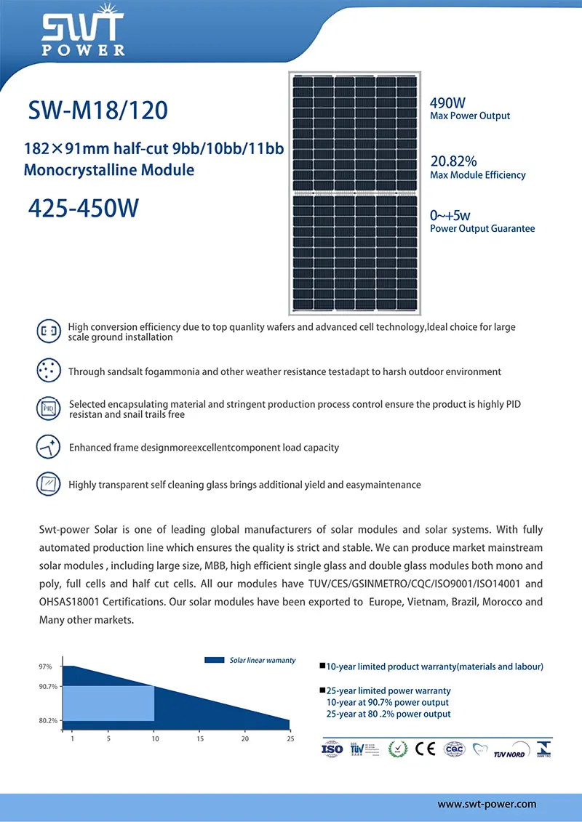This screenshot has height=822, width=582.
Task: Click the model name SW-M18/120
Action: point(97,110)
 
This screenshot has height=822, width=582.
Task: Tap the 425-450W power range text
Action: point(83,208)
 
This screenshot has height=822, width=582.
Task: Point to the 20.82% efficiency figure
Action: point(453,161)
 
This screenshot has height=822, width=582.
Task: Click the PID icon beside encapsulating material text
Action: point(47,408)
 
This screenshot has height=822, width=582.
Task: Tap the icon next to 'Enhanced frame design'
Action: point(47,446)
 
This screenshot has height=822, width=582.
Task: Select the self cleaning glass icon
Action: point(47,483)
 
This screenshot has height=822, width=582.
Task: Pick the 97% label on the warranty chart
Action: point(45,666)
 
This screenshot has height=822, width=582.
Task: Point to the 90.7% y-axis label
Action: point(47,687)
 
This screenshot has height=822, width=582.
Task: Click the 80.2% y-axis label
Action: point(47,721)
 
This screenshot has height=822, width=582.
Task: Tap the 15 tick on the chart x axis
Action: point(200,739)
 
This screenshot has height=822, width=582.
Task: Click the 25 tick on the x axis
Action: point(290,739)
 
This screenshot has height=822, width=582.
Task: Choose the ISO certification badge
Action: point(332,749)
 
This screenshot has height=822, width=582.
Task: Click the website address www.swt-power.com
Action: point(487,804)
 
